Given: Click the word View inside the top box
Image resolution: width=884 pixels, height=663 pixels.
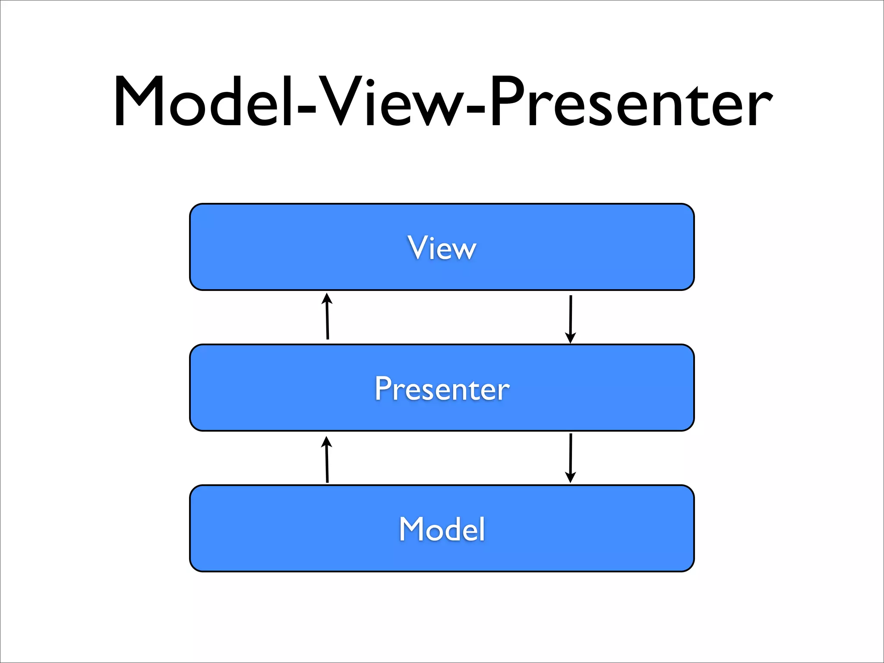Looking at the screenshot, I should (442, 248).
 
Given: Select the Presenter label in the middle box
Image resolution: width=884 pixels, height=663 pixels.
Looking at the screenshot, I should (442, 388).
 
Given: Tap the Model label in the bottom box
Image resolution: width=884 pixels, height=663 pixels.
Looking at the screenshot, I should (442, 529).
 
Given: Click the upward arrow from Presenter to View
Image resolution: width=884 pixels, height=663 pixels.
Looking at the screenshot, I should (328, 317).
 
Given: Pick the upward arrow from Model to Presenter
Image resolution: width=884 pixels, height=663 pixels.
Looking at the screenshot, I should (327, 460).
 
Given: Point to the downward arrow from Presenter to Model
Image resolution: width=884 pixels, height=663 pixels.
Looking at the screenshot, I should (571, 458).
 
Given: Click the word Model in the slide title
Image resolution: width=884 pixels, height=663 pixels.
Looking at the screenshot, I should (203, 102).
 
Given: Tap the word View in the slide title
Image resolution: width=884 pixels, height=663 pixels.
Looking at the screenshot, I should (391, 102).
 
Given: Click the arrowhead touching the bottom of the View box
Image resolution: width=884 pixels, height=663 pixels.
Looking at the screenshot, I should (327, 298).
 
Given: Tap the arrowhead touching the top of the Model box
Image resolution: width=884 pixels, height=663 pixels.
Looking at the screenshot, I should (571, 477).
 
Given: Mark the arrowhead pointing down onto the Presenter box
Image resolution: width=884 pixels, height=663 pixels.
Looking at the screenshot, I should (571, 338).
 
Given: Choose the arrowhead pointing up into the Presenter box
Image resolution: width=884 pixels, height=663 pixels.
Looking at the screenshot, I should (327, 442).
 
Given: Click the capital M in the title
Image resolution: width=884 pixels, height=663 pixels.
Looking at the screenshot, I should (139, 102).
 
